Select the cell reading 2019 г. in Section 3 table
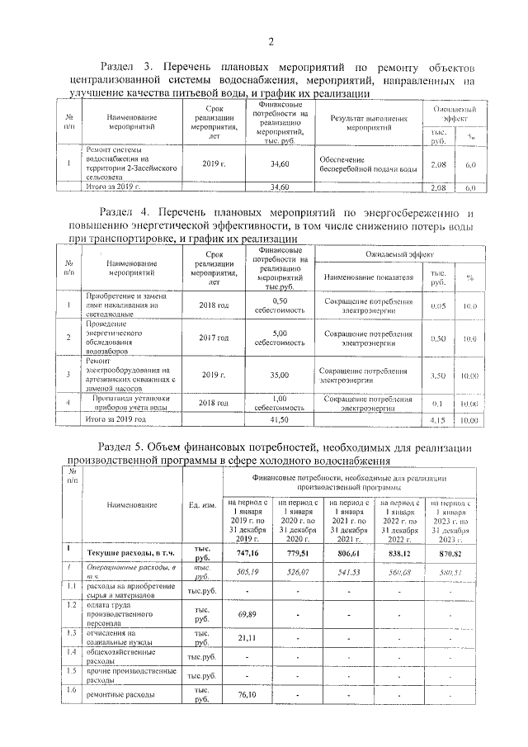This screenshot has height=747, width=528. [214, 165]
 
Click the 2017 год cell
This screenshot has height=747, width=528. [214, 338]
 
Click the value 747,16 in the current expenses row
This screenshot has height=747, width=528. [248, 553]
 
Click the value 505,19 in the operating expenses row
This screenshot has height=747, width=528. [248, 570]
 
